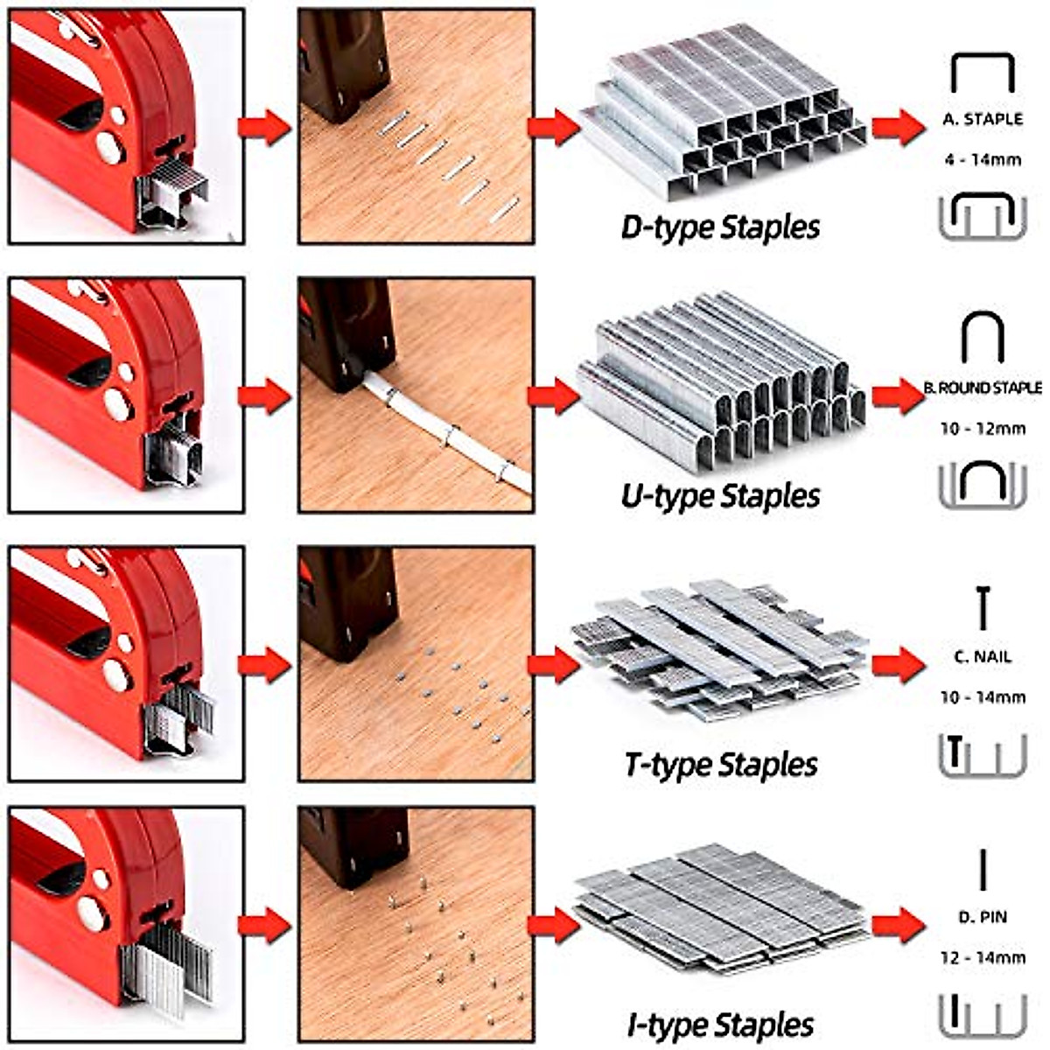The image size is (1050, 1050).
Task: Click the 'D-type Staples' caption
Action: coord(720,227)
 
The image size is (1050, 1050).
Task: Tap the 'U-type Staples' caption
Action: coord(720,496)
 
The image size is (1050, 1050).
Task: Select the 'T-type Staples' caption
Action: coord(721,765)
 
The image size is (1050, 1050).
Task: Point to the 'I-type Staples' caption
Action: coord(720,1025)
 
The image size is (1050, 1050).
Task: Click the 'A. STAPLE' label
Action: coord(983,120)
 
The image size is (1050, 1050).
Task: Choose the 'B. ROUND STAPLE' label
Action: coord(983,388)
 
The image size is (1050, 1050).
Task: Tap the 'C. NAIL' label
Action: coord(983,656)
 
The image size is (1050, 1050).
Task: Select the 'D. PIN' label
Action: coord(983,917)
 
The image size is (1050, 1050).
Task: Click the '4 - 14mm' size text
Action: coord(983,160)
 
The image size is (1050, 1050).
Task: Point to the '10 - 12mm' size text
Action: coord(983,429)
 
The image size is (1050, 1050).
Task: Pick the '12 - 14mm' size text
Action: coord(983,957)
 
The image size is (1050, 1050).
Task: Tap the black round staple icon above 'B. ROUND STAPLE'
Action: coord(983,338)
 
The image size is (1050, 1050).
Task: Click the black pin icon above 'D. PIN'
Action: coord(983,868)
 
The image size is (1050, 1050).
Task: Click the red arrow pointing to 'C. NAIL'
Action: coord(898,665)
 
